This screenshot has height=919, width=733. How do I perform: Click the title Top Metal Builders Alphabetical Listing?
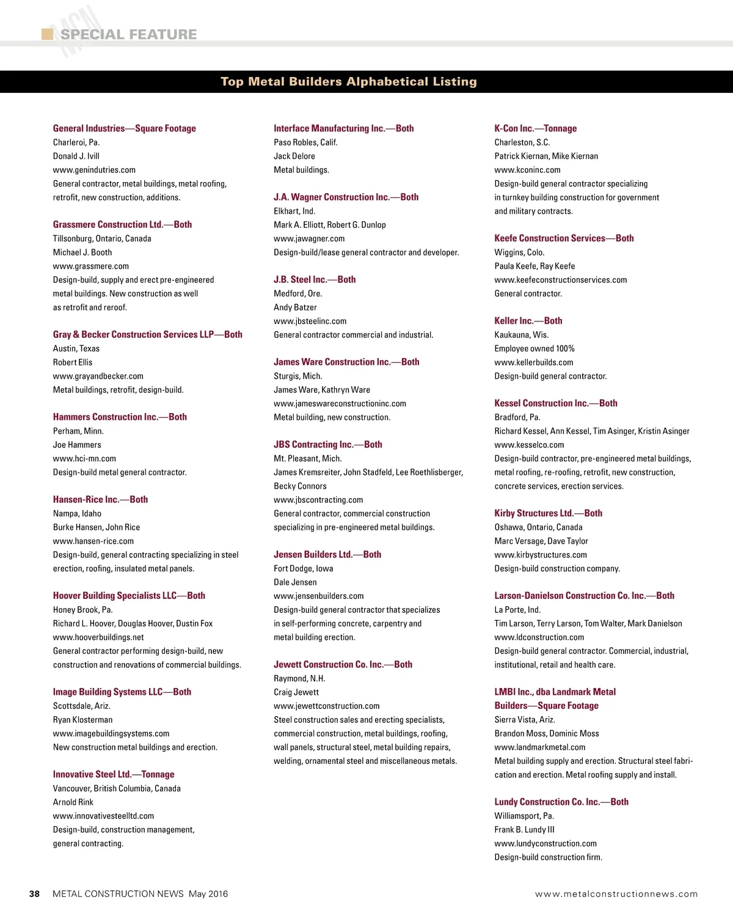coord(348,82)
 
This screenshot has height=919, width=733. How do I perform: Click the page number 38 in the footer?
coord(35,894)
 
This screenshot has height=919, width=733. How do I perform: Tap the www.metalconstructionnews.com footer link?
coord(616,894)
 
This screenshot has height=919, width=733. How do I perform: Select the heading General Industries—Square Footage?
coord(125,128)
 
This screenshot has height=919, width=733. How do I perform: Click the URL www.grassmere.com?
coord(91,266)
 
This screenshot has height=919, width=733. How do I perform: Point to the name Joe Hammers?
coord(77,445)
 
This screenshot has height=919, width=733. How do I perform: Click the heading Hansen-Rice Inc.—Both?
coord(100,500)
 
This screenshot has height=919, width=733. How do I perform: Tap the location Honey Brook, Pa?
coord(82,610)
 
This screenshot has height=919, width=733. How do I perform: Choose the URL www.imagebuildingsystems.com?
coord(111,733)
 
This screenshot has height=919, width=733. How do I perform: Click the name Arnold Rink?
coord(73,802)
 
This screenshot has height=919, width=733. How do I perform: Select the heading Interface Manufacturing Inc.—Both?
coord(343,128)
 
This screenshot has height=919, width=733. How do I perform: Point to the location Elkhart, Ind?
coord(294,211)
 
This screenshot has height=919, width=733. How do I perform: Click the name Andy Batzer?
coord(295,307)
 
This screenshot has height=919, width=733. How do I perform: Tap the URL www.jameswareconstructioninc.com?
coord(340,403)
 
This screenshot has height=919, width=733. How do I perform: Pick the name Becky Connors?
coord(300,486)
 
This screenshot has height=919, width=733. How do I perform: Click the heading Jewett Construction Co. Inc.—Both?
coord(343,665)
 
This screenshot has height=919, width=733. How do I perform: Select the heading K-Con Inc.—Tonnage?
coord(535,128)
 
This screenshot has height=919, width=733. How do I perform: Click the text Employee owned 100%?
coord(534,348)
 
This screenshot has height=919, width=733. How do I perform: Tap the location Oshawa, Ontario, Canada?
coord(538,527)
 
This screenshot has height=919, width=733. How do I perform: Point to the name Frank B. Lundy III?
coord(524,830)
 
